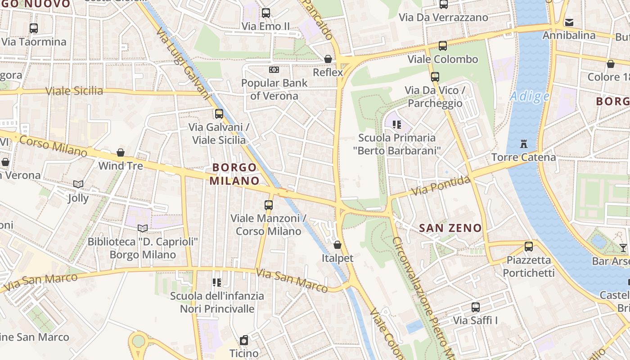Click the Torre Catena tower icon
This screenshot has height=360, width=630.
[x=523, y=144]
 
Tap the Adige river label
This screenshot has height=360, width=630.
[x=530, y=96]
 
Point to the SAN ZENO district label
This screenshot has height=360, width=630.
[x=450, y=228]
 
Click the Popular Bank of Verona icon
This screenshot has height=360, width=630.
[x=274, y=70]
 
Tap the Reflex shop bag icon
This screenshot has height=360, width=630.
[x=328, y=59]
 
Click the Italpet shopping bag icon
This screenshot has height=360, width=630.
[x=337, y=245]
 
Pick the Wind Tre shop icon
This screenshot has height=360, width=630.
[x=121, y=153]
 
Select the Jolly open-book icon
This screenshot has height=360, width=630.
[x=78, y=184]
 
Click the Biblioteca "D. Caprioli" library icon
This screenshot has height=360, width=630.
[x=143, y=228]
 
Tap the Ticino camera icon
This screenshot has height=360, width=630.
[x=244, y=340]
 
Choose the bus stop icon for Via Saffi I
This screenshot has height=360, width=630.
[x=475, y=307]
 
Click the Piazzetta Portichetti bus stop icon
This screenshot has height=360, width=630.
[x=529, y=247]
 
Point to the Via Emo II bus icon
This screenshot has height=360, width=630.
[x=266, y=13]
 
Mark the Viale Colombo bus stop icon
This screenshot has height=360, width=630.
[x=443, y=45]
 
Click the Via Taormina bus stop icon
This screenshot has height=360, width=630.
[x=34, y=28]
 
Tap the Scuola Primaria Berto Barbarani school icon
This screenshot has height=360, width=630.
[x=396, y=124]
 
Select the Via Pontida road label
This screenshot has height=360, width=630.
[x=441, y=186]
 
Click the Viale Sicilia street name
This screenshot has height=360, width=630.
[x=75, y=91]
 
